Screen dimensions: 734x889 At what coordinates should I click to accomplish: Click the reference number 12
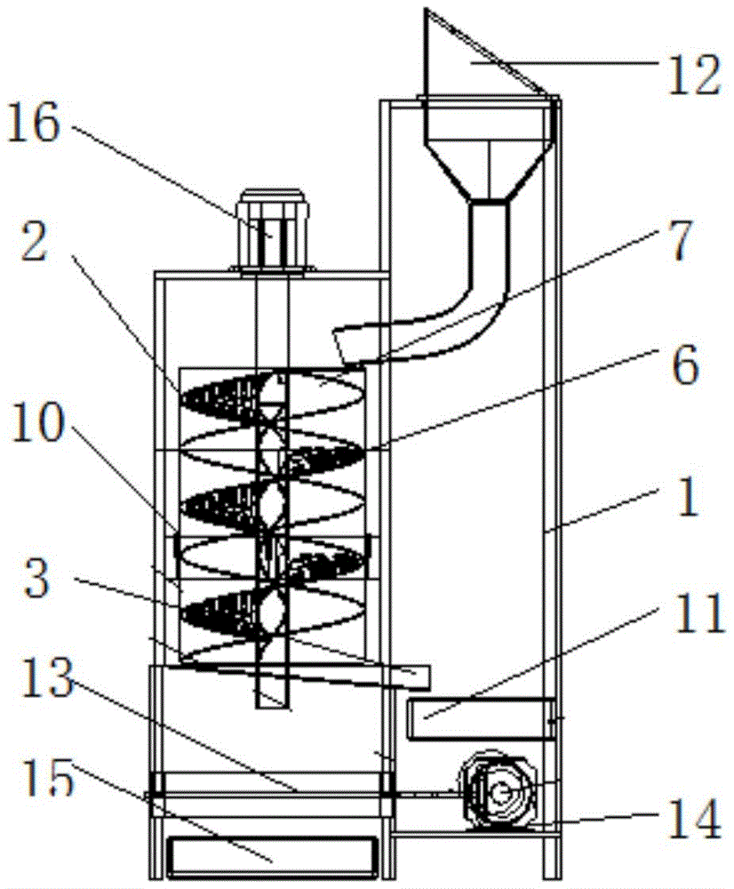click(x=694, y=75)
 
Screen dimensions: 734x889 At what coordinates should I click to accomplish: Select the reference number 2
click(x=34, y=240)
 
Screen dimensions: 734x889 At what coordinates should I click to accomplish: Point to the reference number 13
click(x=48, y=678)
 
